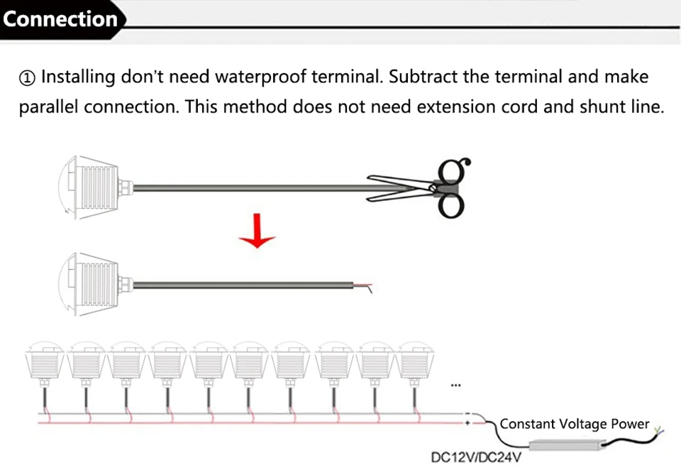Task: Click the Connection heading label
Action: pos(60,19)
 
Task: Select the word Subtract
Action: pos(423,77)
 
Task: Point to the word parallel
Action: pos(48,108)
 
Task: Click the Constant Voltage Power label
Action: pos(574,424)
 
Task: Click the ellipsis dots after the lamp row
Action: pos(455,387)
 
